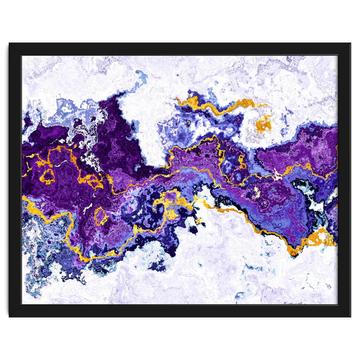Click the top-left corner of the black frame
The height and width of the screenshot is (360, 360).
(x=10, y=43)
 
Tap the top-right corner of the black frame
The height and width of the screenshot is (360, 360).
(x=350, y=43)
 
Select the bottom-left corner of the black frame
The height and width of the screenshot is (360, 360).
(x=10, y=316)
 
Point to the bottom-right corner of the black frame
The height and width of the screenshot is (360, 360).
(x=350, y=316)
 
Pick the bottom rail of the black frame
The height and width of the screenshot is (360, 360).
(x=180, y=311)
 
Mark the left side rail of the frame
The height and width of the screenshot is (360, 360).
(x=15, y=180)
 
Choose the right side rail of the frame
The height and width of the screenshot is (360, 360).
(x=344, y=180)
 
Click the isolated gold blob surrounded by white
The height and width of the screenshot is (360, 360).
(x=263, y=124)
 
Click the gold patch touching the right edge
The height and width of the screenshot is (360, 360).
(x=321, y=238)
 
